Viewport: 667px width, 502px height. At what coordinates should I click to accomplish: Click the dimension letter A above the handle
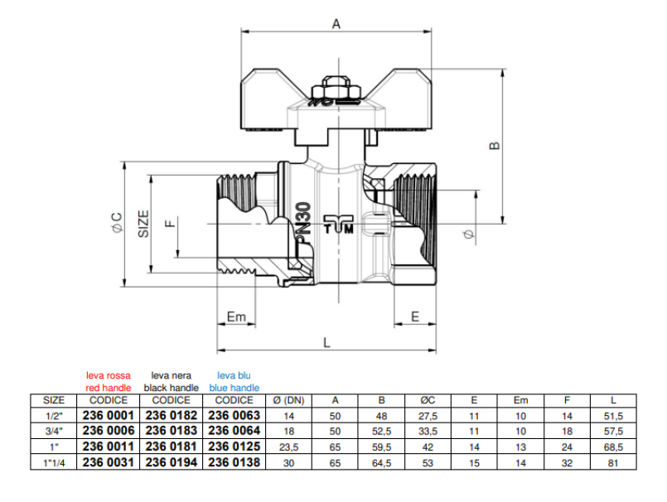click(x=336, y=24)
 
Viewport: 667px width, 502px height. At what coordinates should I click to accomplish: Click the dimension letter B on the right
click(x=494, y=145)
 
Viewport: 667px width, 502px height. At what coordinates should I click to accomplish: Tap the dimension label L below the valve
click(x=326, y=341)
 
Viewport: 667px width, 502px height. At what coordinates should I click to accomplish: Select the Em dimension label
click(x=236, y=316)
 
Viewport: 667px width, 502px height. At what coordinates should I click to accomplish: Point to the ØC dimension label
click(x=116, y=223)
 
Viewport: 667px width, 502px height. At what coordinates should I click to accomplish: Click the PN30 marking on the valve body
click(x=303, y=224)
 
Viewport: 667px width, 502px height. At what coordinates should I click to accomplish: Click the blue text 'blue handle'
click(x=234, y=388)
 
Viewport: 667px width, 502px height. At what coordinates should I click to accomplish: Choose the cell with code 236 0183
click(x=172, y=431)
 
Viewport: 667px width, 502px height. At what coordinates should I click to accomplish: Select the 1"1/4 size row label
click(x=53, y=462)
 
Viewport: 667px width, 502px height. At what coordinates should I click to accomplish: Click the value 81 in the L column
click(x=613, y=462)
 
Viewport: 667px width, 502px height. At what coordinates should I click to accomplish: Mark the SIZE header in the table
click(x=53, y=400)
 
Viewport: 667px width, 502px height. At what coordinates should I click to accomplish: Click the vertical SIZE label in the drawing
click(x=143, y=223)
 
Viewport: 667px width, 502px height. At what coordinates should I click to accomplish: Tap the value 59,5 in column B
click(x=381, y=446)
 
